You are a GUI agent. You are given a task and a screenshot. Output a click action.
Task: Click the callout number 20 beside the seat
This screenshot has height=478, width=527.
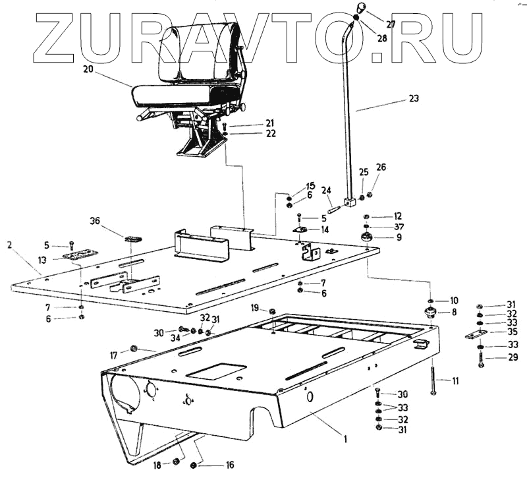89,68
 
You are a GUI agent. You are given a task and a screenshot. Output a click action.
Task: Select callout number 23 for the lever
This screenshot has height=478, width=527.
414,99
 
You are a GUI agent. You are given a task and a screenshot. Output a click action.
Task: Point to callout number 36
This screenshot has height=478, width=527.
95,222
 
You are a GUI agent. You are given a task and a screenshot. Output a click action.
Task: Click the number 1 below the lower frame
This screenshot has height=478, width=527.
345,436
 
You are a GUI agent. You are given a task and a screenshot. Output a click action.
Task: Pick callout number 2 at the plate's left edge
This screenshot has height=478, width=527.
10,245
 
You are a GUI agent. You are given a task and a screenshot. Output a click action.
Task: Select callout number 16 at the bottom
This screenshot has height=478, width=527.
229,465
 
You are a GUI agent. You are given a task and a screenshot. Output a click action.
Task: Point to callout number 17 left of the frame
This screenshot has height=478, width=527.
115,355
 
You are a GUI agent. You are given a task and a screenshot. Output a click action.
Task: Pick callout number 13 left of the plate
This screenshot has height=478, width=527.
42,261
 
